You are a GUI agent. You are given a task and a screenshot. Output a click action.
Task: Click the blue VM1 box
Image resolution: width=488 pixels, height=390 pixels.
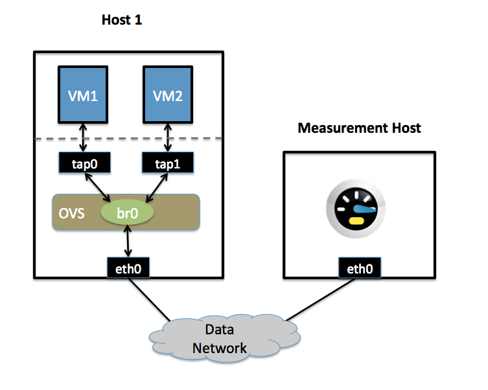pyautogui.click(x=83, y=95)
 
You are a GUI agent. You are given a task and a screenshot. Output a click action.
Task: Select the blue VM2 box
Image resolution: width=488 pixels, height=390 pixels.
pyautogui.click(x=167, y=95)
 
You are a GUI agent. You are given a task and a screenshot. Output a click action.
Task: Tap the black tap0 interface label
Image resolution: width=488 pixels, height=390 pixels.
pyautogui.click(x=83, y=163)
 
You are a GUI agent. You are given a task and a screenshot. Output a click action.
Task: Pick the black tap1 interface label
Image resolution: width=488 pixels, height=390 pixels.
pyautogui.click(x=167, y=163)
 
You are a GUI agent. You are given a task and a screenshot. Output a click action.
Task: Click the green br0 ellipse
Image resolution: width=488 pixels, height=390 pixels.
pyautogui.click(x=127, y=213)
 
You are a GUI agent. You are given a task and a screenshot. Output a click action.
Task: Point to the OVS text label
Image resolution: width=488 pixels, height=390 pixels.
pyautogui.click(x=71, y=213)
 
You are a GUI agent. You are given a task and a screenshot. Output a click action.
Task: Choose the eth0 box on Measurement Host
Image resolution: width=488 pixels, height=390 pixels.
pyautogui.click(x=359, y=268)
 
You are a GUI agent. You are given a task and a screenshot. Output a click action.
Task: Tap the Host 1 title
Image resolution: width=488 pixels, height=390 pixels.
pyautogui.click(x=121, y=20)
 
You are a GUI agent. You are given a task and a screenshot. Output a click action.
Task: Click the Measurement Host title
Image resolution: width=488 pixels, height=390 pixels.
pyautogui.click(x=359, y=128)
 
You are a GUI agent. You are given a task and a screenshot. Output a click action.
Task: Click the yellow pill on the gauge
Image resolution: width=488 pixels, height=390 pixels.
pyautogui.click(x=356, y=220)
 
